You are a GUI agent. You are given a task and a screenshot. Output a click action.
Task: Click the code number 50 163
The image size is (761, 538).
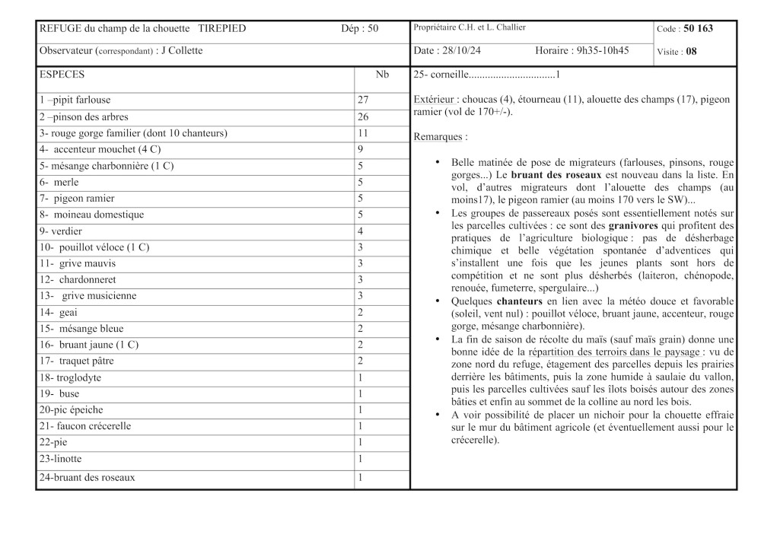[x=699, y=30]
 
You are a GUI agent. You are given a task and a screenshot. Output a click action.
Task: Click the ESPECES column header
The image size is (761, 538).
[x=62, y=75]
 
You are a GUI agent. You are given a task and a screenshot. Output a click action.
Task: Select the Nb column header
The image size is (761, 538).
[x=382, y=75]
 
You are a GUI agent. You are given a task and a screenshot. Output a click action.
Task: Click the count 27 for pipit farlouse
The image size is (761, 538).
[x=363, y=100]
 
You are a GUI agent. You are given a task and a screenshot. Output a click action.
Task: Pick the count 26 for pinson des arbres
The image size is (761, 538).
[x=363, y=117]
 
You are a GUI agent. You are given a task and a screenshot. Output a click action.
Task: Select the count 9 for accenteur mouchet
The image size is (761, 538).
[x=360, y=150]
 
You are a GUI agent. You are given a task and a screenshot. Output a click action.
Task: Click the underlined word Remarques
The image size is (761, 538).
[x=437, y=137]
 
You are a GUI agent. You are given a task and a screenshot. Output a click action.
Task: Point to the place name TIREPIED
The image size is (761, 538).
[x=222, y=29]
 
